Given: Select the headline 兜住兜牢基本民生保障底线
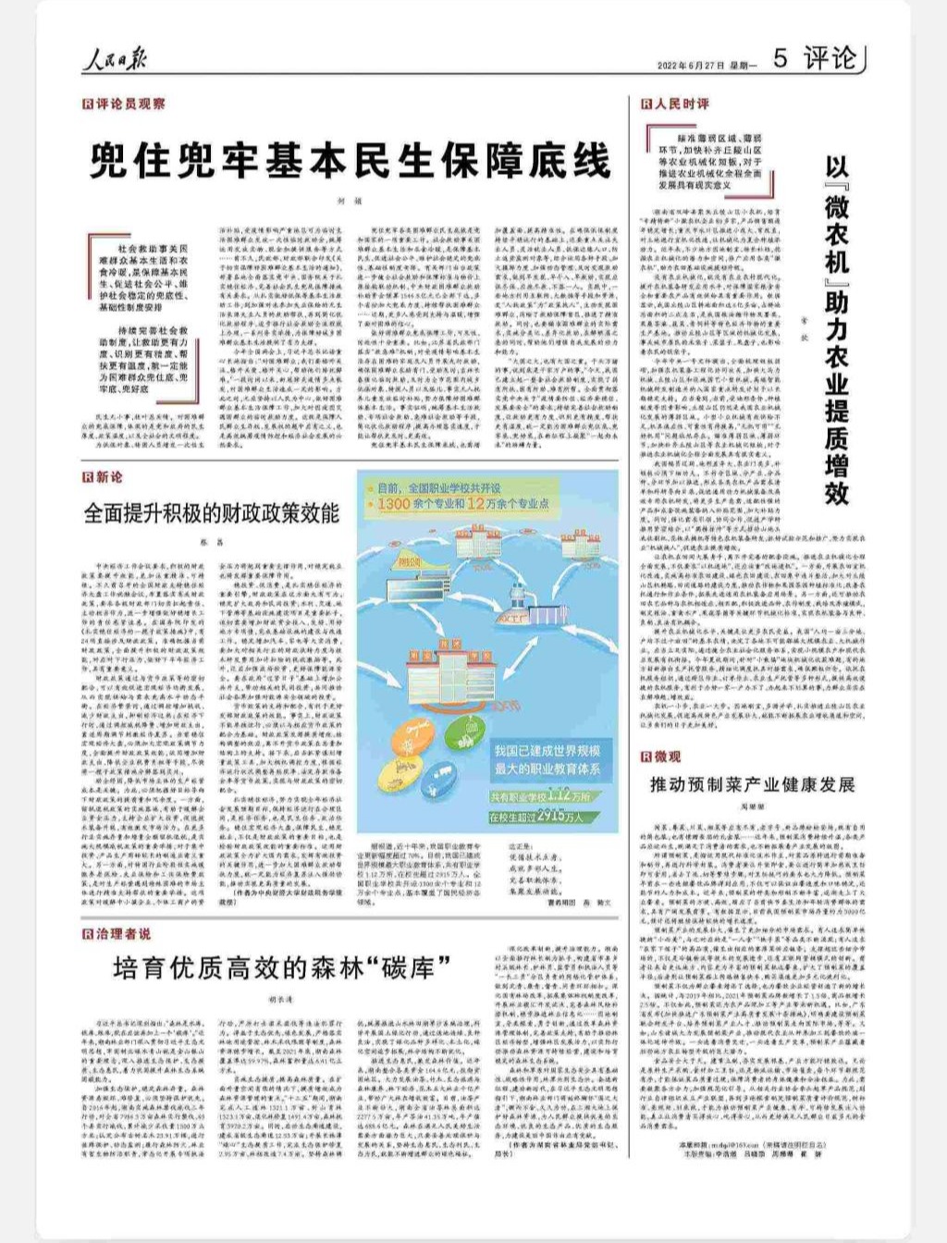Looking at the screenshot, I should (351, 160).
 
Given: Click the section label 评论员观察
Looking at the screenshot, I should (129, 105).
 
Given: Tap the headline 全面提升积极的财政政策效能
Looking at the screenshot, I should (212, 513).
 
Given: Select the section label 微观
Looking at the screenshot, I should (661, 756).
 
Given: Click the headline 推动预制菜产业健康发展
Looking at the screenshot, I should (752, 785).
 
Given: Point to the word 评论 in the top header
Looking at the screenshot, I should (830, 60).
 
